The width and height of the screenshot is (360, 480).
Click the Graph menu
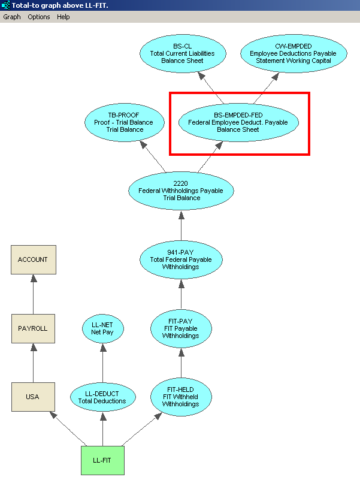pyautogui.click(x=12, y=17)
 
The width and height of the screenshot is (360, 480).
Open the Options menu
pyautogui.click(x=39, y=17)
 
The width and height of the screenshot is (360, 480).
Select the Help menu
pyautogui.click(x=63, y=17)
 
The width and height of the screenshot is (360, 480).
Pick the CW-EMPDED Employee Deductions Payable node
pyautogui.click(x=293, y=53)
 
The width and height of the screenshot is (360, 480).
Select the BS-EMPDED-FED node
pyautogui.click(x=237, y=122)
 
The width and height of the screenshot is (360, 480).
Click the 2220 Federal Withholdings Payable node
pyautogui.click(x=181, y=191)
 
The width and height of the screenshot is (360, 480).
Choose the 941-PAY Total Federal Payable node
pyautogui.click(x=181, y=259)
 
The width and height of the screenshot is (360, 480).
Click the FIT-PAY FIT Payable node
pyautogui.click(x=181, y=328)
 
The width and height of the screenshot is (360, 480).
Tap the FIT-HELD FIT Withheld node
pyautogui.click(x=181, y=397)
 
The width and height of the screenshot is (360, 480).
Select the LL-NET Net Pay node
pyautogui.click(x=102, y=328)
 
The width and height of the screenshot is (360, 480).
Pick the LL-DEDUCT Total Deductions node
pyautogui.click(x=102, y=397)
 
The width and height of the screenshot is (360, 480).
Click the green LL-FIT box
pyautogui.click(x=102, y=460)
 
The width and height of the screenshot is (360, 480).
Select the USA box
pyautogui.click(x=33, y=397)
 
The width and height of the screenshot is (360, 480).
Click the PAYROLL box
pyautogui.click(x=33, y=328)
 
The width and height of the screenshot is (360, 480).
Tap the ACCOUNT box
pyautogui.click(x=33, y=259)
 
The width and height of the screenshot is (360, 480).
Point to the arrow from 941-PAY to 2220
pyautogui.click(x=181, y=225)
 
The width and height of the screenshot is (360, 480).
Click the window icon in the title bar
pyautogui.click(x=5, y=5)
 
